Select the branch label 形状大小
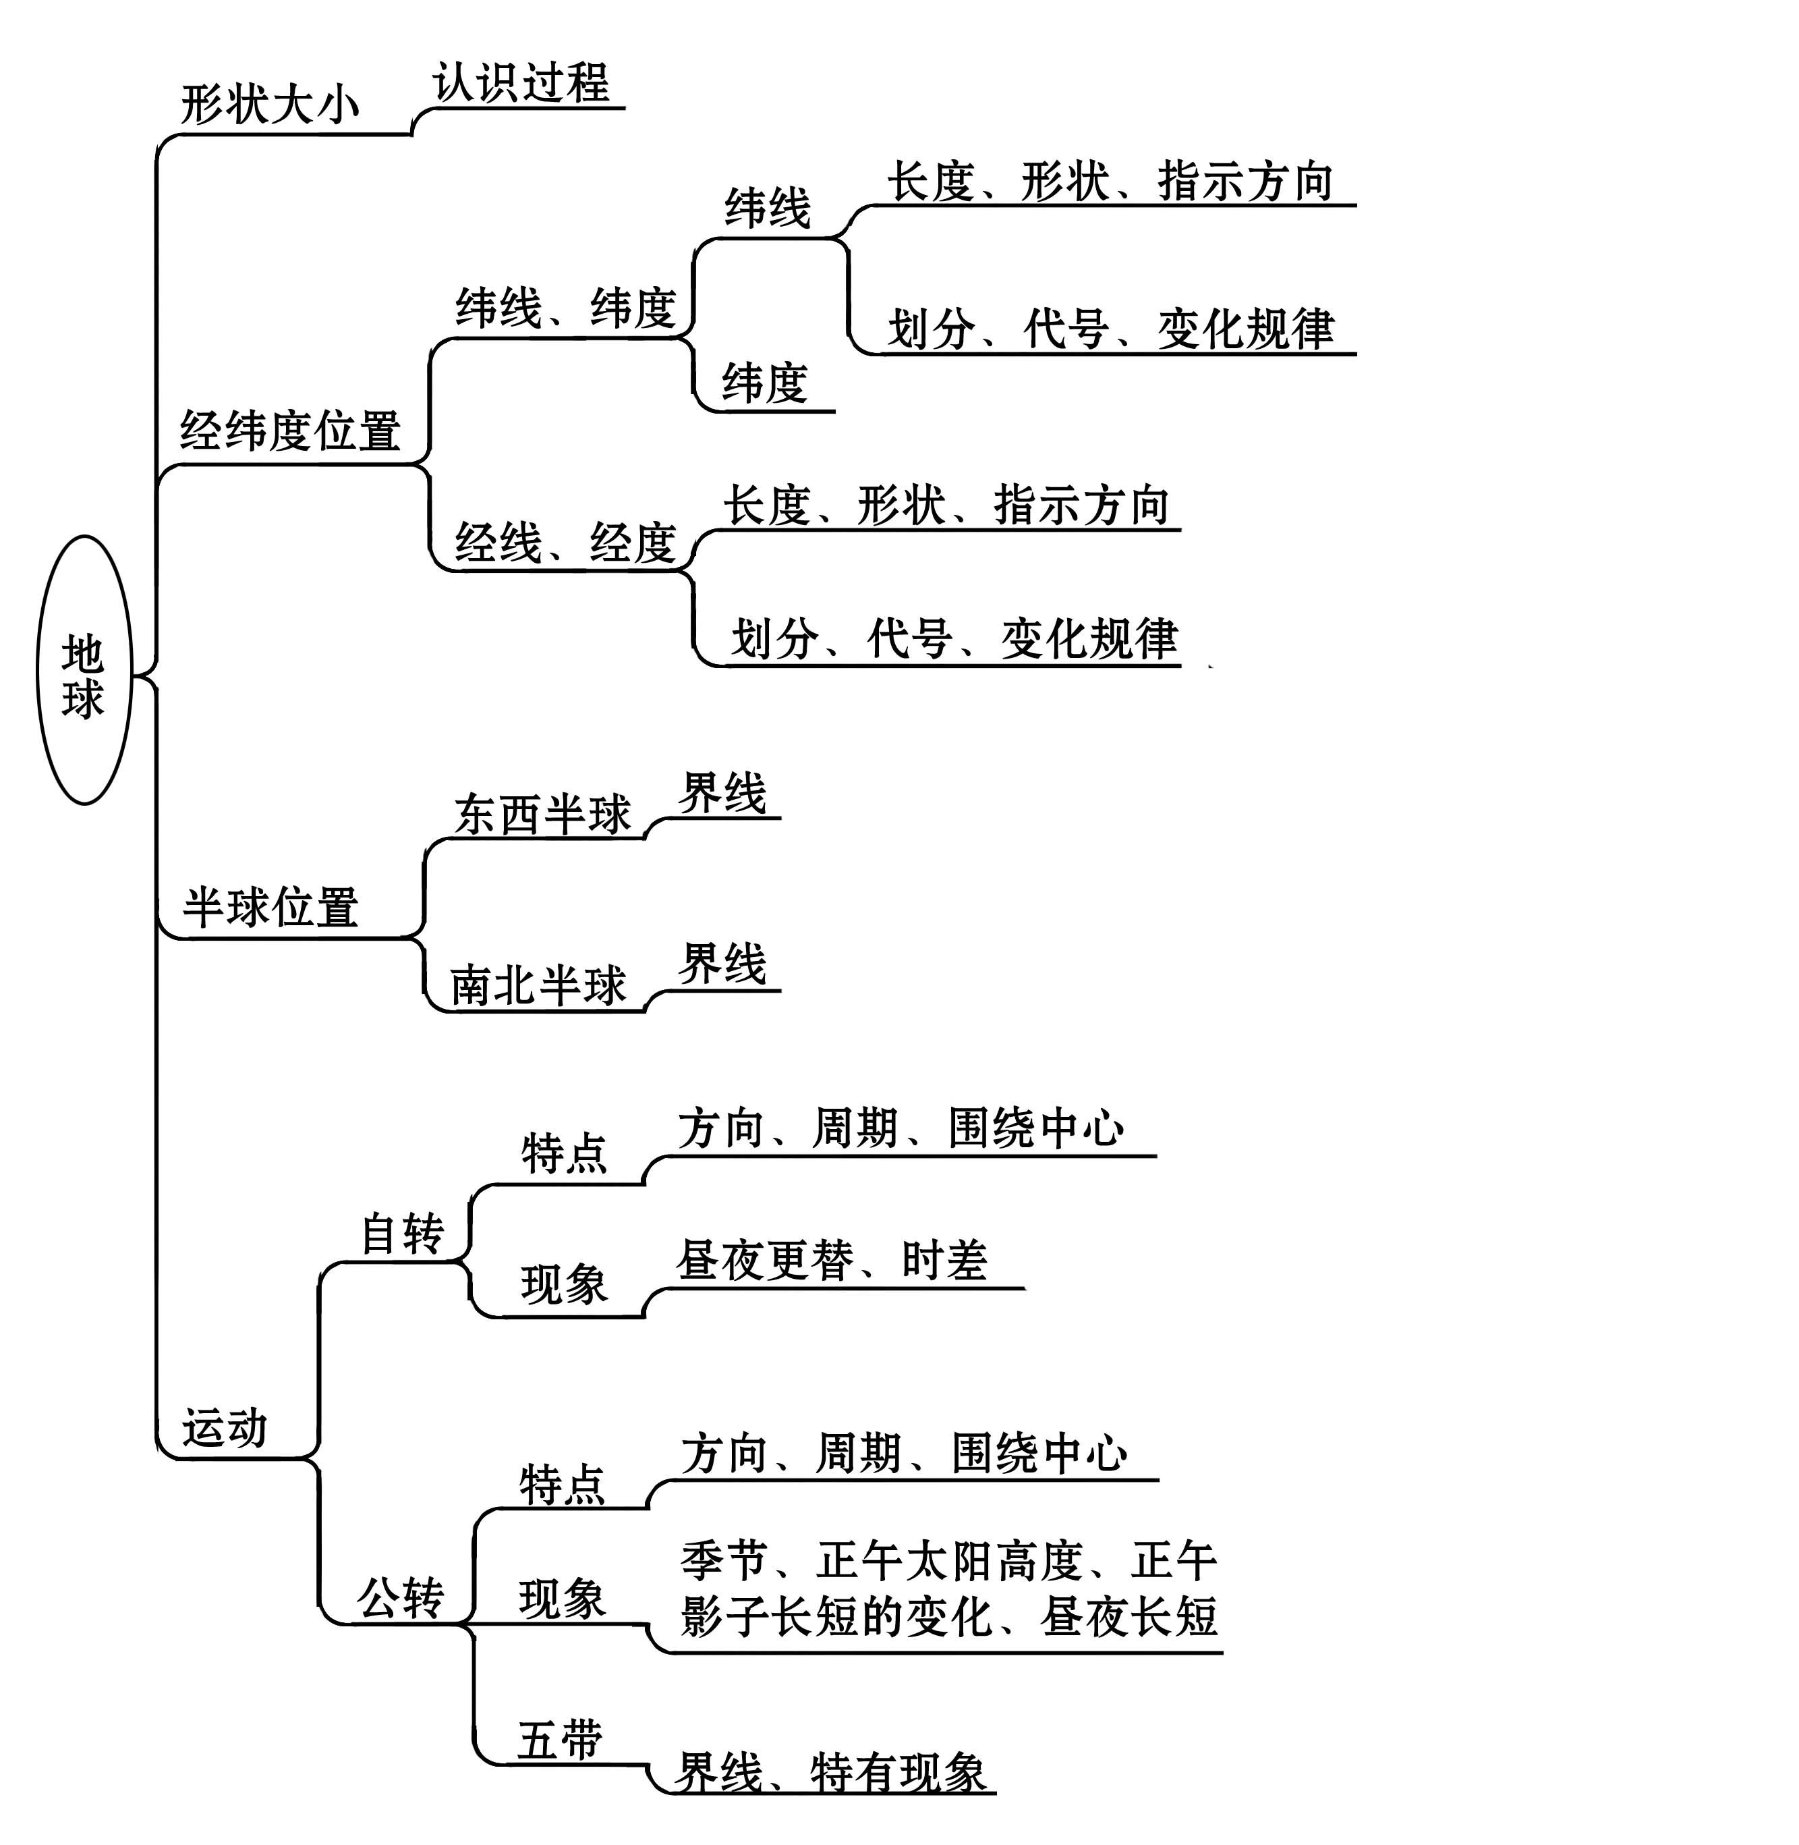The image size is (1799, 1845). [x=270, y=104]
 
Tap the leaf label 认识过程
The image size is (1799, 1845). [x=521, y=83]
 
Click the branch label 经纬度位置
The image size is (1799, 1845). [x=290, y=431]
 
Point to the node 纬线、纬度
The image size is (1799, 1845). [x=565, y=308]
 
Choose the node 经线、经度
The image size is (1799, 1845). [x=565, y=543]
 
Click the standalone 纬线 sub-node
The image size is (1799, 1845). [x=767, y=208]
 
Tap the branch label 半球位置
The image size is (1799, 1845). [x=270, y=908]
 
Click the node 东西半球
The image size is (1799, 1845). [x=542, y=815]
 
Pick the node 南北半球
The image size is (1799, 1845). [x=538, y=987]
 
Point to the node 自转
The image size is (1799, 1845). [x=403, y=1234]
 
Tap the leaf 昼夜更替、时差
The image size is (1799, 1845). [x=832, y=1260]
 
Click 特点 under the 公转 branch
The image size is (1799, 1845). [x=562, y=1484]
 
